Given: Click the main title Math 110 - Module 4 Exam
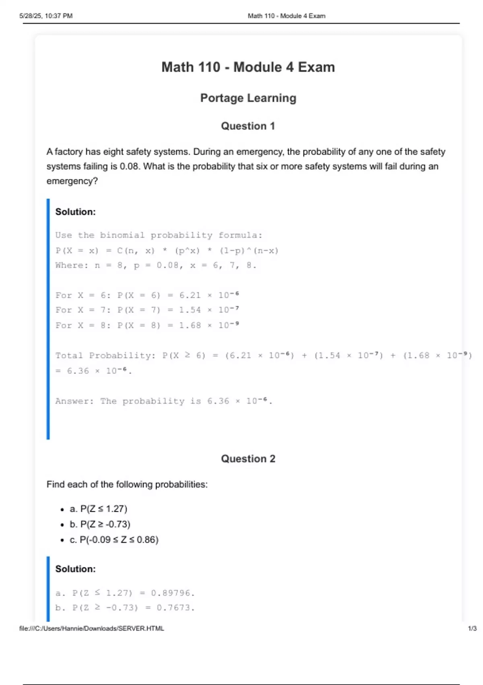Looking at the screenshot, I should (248, 67).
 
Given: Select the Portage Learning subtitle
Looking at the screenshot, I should (248, 98).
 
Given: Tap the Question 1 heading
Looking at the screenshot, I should (248, 126).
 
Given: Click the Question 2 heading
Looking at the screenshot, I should (248, 459).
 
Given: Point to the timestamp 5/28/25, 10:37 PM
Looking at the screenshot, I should (46, 16).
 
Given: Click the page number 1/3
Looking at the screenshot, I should (472, 629).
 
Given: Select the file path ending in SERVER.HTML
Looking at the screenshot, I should (92, 629).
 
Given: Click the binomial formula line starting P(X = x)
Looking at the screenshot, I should (167, 251).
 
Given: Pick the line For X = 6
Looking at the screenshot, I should (147, 295).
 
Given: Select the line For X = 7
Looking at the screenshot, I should (147, 310).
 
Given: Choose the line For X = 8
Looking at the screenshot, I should (147, 325).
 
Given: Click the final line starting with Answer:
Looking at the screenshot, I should (163, 401).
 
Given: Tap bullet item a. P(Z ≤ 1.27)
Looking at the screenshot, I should (99, 509).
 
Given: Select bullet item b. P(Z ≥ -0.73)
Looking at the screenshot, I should (100, 524).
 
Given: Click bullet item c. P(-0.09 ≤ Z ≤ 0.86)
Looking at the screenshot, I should (114, 540).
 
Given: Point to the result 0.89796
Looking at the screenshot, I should (172, 593).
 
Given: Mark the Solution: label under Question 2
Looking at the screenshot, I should (75, 569).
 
